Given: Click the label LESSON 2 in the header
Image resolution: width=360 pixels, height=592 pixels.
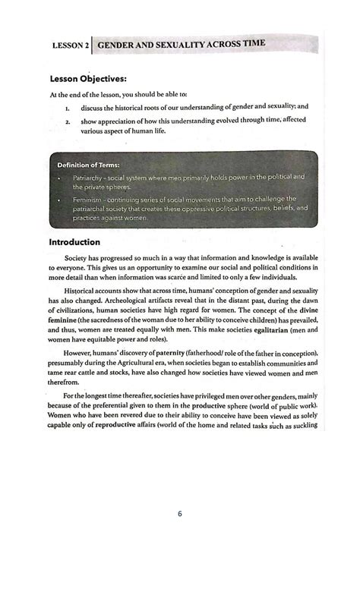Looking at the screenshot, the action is [x=70, y=46].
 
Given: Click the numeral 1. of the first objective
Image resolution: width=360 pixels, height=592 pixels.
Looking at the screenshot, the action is [x=68, y=107].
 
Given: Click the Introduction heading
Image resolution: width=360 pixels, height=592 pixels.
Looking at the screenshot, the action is [x=74, y=243].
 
